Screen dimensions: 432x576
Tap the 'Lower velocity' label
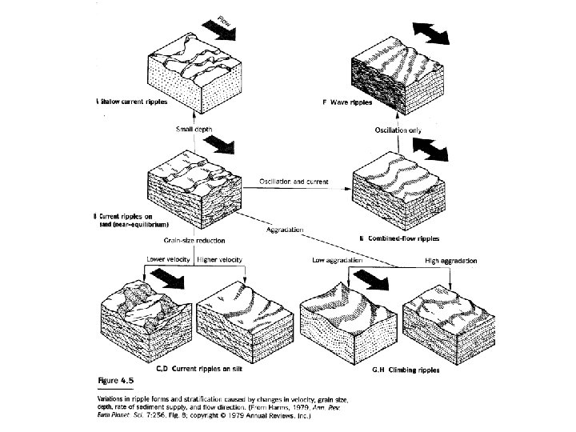[166, 260]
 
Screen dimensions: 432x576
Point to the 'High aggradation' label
[451, 261]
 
